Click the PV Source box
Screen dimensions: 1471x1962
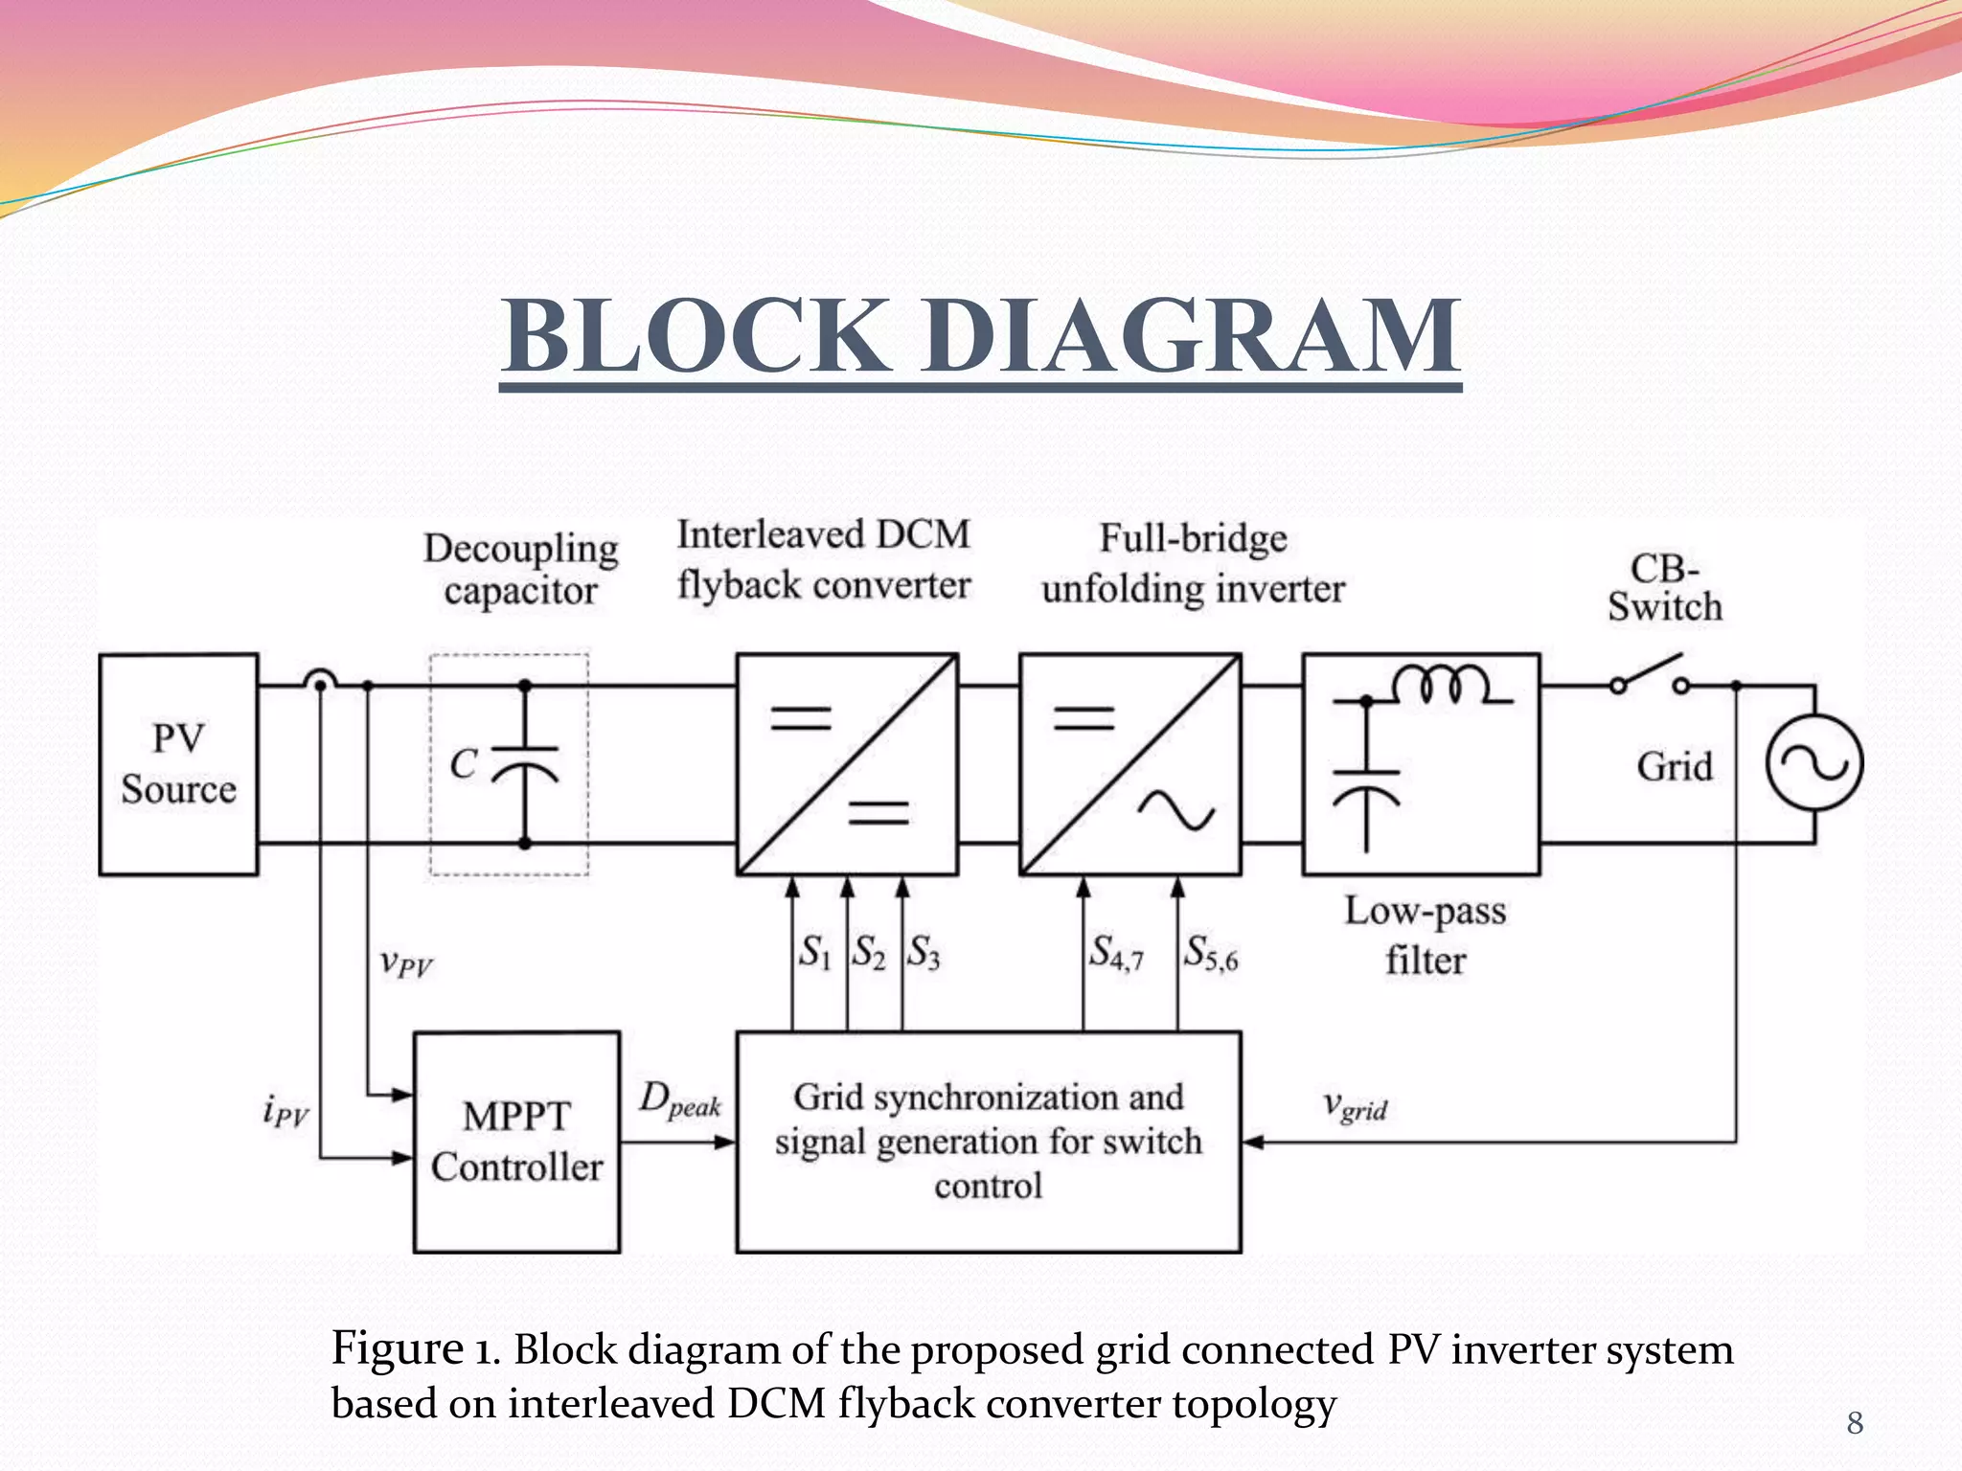(x=178, y=764)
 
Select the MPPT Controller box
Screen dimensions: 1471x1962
(x=516, y=1142)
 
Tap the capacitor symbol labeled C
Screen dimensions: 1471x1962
(x=524, y=764)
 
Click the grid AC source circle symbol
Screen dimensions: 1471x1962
(x=1814, y=763)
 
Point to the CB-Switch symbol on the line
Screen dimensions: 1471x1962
(x=1650, y=673)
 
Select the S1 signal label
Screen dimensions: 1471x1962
(x=815, y=952)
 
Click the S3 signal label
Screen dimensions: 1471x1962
(x=924, y=952)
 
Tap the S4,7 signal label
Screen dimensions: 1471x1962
(x=1116, y=954)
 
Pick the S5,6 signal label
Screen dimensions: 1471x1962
(x=1211, y=954)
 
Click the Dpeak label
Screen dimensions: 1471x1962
(x=679, y=1099)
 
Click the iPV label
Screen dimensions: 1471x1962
(x=285, y=1111)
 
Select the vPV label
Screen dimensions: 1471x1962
(x=405, y=961)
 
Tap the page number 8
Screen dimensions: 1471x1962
(x=1855, y=1423)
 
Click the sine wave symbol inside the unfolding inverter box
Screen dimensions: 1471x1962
(x=1175, y=811)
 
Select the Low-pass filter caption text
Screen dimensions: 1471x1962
(x=1425, y=935)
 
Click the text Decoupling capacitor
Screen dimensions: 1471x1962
(x=521, y=569)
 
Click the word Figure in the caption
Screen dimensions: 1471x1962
(x=397, y=1348)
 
